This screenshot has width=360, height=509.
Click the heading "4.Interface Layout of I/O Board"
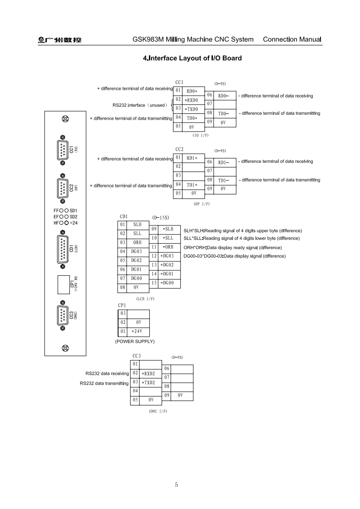(x=192, y=58)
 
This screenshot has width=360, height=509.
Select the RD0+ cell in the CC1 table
(x=192, y=91)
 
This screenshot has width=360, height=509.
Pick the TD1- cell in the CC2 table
(x=223, y=180)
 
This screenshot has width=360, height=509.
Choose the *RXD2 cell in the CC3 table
(x=148, y=373)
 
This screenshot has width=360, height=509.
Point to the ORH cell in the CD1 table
(x=137, y=242)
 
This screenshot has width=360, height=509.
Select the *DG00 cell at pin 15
(x=168, y=283)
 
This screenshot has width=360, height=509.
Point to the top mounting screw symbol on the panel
(x=65, y=119)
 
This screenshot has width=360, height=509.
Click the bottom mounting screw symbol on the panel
(x=65, y=348)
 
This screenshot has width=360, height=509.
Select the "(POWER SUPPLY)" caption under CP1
(x=135, y=341)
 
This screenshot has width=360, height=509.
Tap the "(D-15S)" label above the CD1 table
(x=161, y=218)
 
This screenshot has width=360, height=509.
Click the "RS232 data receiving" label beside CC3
(x=107, y=374)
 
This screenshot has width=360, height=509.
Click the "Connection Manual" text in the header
(x=292, y=39)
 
